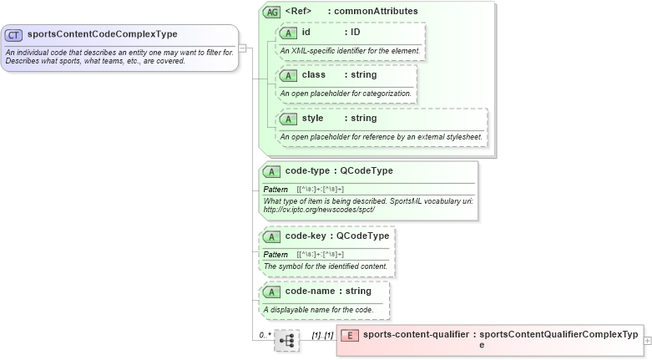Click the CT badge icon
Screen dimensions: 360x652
[14, 34]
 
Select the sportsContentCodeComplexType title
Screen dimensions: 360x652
[102, 34]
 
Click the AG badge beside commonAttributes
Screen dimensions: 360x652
[272, 13]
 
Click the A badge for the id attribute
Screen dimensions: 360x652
[288, 33]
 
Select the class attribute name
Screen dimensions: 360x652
[314, 75]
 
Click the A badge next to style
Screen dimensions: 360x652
[288, 119]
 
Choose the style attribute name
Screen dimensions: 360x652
[312, 119]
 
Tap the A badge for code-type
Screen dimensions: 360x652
[271, 171]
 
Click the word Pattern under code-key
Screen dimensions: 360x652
[275, 254]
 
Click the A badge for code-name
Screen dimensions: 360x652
[271, 292]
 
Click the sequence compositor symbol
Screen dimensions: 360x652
[286, 341]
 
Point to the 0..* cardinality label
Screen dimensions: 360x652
[264, 335]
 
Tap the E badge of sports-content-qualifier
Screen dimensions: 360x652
[351, 335]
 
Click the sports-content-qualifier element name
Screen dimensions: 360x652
[415, 335]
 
